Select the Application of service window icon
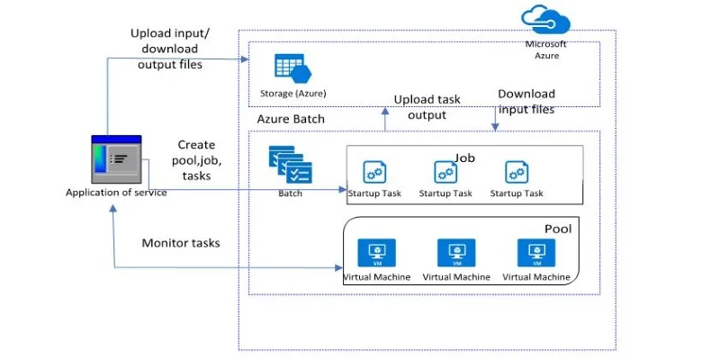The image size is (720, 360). [116, 159]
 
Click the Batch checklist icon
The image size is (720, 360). [290, 165]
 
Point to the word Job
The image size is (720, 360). [464, 157]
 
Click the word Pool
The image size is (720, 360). [558, 229]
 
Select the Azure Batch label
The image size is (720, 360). [291, 119]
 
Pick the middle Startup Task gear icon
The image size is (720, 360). [445, 171]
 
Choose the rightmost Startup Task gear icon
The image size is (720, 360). [516, 171]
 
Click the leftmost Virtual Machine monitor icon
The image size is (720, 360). [376, 253]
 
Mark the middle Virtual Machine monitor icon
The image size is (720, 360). [455, 253]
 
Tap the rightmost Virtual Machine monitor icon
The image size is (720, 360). [535, 253]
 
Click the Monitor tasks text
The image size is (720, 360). [180, 243]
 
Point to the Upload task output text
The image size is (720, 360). [426, 106]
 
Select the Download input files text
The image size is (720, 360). [526, 101]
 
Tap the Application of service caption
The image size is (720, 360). [116, 192]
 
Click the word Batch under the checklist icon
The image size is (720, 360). [290, 193]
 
